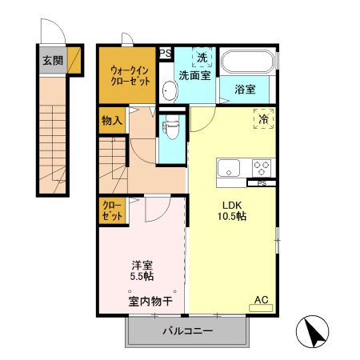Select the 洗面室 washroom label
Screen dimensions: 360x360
pyautogui.click(x=194, y=76)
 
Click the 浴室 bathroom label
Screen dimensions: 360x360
pyautogui.click(x=245, y=89)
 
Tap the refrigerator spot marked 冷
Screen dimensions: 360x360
pyautogui.click(x=263, y=119)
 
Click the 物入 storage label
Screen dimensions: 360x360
pyautogui.click(x=111, y=122)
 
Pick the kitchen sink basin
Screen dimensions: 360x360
pyautogui.click(x=229, y=168)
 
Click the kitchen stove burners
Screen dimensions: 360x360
pyautogui.click(x=262, y=168)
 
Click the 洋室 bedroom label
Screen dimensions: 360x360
pyautogui.click(x=143, y=266)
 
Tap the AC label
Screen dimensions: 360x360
pyautogui.click(x=261, y=301)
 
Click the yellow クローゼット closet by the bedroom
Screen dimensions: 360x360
pyautogui.click(x=111, y=210)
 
